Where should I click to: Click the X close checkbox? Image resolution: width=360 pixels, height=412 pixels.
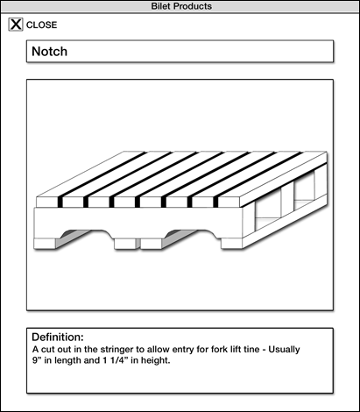pos(16,25)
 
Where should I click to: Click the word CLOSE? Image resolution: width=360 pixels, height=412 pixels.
pos(42,25)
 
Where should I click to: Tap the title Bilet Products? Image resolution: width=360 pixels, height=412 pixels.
pos(181,6)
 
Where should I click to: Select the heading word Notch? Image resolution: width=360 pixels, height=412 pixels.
pos(49,52)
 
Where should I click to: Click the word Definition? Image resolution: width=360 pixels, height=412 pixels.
pos(58,337)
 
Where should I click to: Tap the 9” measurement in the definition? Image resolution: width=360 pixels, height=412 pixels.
pos(37,360)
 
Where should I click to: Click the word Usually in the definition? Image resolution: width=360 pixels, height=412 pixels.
pos(284,350)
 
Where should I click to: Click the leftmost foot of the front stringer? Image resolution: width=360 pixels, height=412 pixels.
pos(45,244)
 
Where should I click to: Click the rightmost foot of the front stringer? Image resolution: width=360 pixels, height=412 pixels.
pos(232,244)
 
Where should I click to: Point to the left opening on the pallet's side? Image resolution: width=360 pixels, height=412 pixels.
pos(268,210)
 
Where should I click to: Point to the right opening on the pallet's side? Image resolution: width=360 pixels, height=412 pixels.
pos(304,190)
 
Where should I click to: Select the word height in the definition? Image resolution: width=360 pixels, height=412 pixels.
pos(155,360)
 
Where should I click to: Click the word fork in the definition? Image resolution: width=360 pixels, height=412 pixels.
pos(205,350)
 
